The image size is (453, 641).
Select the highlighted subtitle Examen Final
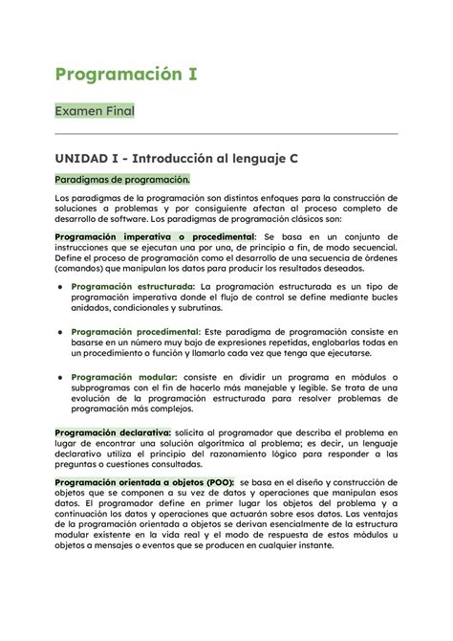94,112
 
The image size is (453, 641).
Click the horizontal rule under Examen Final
226,134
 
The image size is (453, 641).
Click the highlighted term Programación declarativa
106,433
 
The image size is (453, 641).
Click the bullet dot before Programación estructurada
62,287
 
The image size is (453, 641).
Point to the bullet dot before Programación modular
62,377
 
